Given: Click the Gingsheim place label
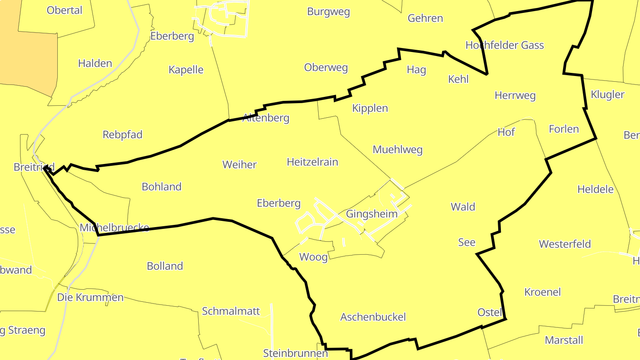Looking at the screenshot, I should (x=372, y=214).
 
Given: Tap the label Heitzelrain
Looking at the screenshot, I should (x=312, y=162).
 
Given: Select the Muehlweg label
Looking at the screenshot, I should (x=397, y=150).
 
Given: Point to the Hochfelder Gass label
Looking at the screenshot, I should (x=504, y=45).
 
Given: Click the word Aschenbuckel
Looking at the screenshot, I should (x=373, y=317).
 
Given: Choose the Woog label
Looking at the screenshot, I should (x=313, y=257).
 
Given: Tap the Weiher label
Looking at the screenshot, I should (x=240, y=164).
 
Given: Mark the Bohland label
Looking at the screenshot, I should (x=161, y=187).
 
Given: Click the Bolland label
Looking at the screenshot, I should (x=165, y=266).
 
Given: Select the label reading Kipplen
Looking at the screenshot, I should (x=370, y=108).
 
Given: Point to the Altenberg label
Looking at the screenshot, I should (x=266, y=118).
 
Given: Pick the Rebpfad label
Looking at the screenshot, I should (x=122, y=135).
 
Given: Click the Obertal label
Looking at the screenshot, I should (x=64, y=10).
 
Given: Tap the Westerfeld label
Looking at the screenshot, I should (x=565, y=244).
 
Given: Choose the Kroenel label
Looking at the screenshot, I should (x=543, y=292).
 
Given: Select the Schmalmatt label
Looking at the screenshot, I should (x=231, y=311).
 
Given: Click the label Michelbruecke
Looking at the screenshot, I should (x=114, y=228).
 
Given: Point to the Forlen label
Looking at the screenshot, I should (x=564, y=129).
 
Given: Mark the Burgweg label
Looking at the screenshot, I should (x=328, y=12).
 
